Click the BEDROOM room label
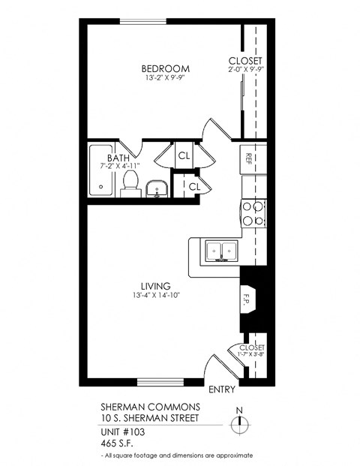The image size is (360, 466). pyautogui.click(x=166, y=68)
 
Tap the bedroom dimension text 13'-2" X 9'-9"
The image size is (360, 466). pyautogui.click(x=166, y=77)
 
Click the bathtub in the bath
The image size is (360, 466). pyautogui.click(x=100, y=171)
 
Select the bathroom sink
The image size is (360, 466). pyautogui.click(x=157, y=188)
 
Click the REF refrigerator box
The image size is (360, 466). pyautogui.click(x=248, y=158)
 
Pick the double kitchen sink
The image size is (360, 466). pyautogui.click(x=220, y=251)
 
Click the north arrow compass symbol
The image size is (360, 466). pyautogui.click(x=239, y=423)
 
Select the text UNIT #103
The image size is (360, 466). pyautogui.click(x=125, y=433)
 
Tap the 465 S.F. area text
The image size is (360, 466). pyautogui.click(x=118, y=443)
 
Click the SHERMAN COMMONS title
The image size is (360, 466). pyautogui.click(x=150, y=406)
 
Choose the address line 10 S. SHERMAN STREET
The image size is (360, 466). pyautogui.click(x=150, y=417)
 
